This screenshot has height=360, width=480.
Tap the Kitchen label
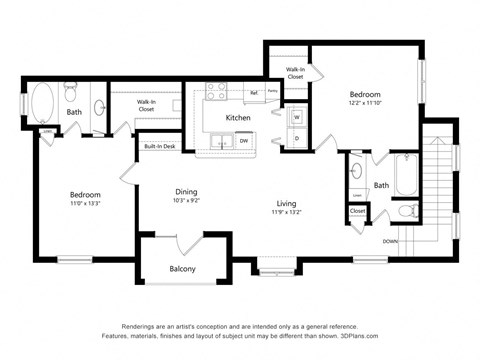(x=238, y=118)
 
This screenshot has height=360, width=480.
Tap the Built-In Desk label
(x=160, y=147)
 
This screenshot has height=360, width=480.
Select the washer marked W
(x=296, y=117)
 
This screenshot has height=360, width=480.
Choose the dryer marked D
(x=296, y=137)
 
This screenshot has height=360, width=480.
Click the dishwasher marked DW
(x=244, y=141)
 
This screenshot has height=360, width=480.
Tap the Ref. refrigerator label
(x=254, y=93)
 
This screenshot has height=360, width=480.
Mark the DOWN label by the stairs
(x=391, y=241)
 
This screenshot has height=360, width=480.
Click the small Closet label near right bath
(x=357, y=211)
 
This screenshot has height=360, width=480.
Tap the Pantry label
(x=272, y=90)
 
